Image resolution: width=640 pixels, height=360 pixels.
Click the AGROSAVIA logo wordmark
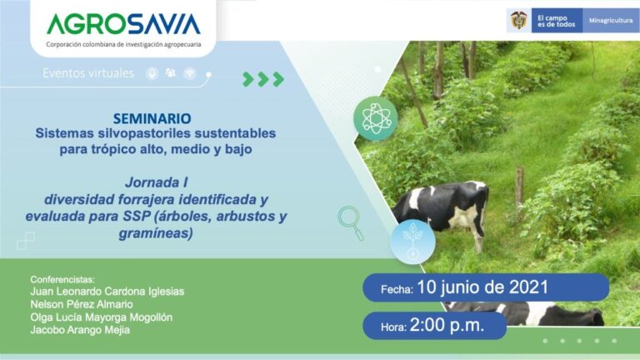point(123,23)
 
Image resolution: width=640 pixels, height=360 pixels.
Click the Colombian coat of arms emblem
point(517,20)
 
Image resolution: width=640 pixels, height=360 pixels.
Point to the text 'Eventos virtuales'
point(88,73)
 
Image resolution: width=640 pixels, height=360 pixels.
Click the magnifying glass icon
point(351,222)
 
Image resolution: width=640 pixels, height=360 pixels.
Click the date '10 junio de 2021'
point(482,287)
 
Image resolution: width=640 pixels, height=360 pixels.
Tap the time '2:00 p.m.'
point(447,325)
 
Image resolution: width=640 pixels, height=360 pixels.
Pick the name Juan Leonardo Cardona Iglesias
point(107,292)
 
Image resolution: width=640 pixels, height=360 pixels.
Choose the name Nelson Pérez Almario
point(82,304)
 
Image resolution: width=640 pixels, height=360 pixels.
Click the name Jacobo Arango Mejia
point(80,331)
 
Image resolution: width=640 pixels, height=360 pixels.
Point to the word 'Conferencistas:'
point(63,278)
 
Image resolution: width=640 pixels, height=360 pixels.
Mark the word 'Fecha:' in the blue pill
point(397,289)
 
